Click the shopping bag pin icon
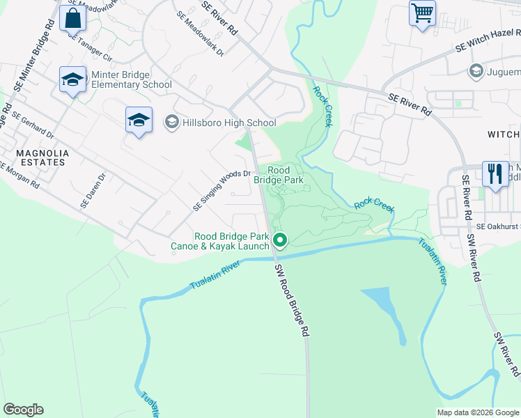click(x=72, y=19)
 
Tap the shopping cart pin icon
click(x=422, y=13)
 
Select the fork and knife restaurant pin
click(x=495, y=174)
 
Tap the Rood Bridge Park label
click(x=278, y=175)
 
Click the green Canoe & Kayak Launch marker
click(x=281, y=241)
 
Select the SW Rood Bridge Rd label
click(x=290, y=300)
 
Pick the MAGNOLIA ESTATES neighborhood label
click(x=33, y=157)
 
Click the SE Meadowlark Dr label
click(x=200, y=33)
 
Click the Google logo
click(x=23, y=410)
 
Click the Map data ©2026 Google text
click(x=478, y=412)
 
